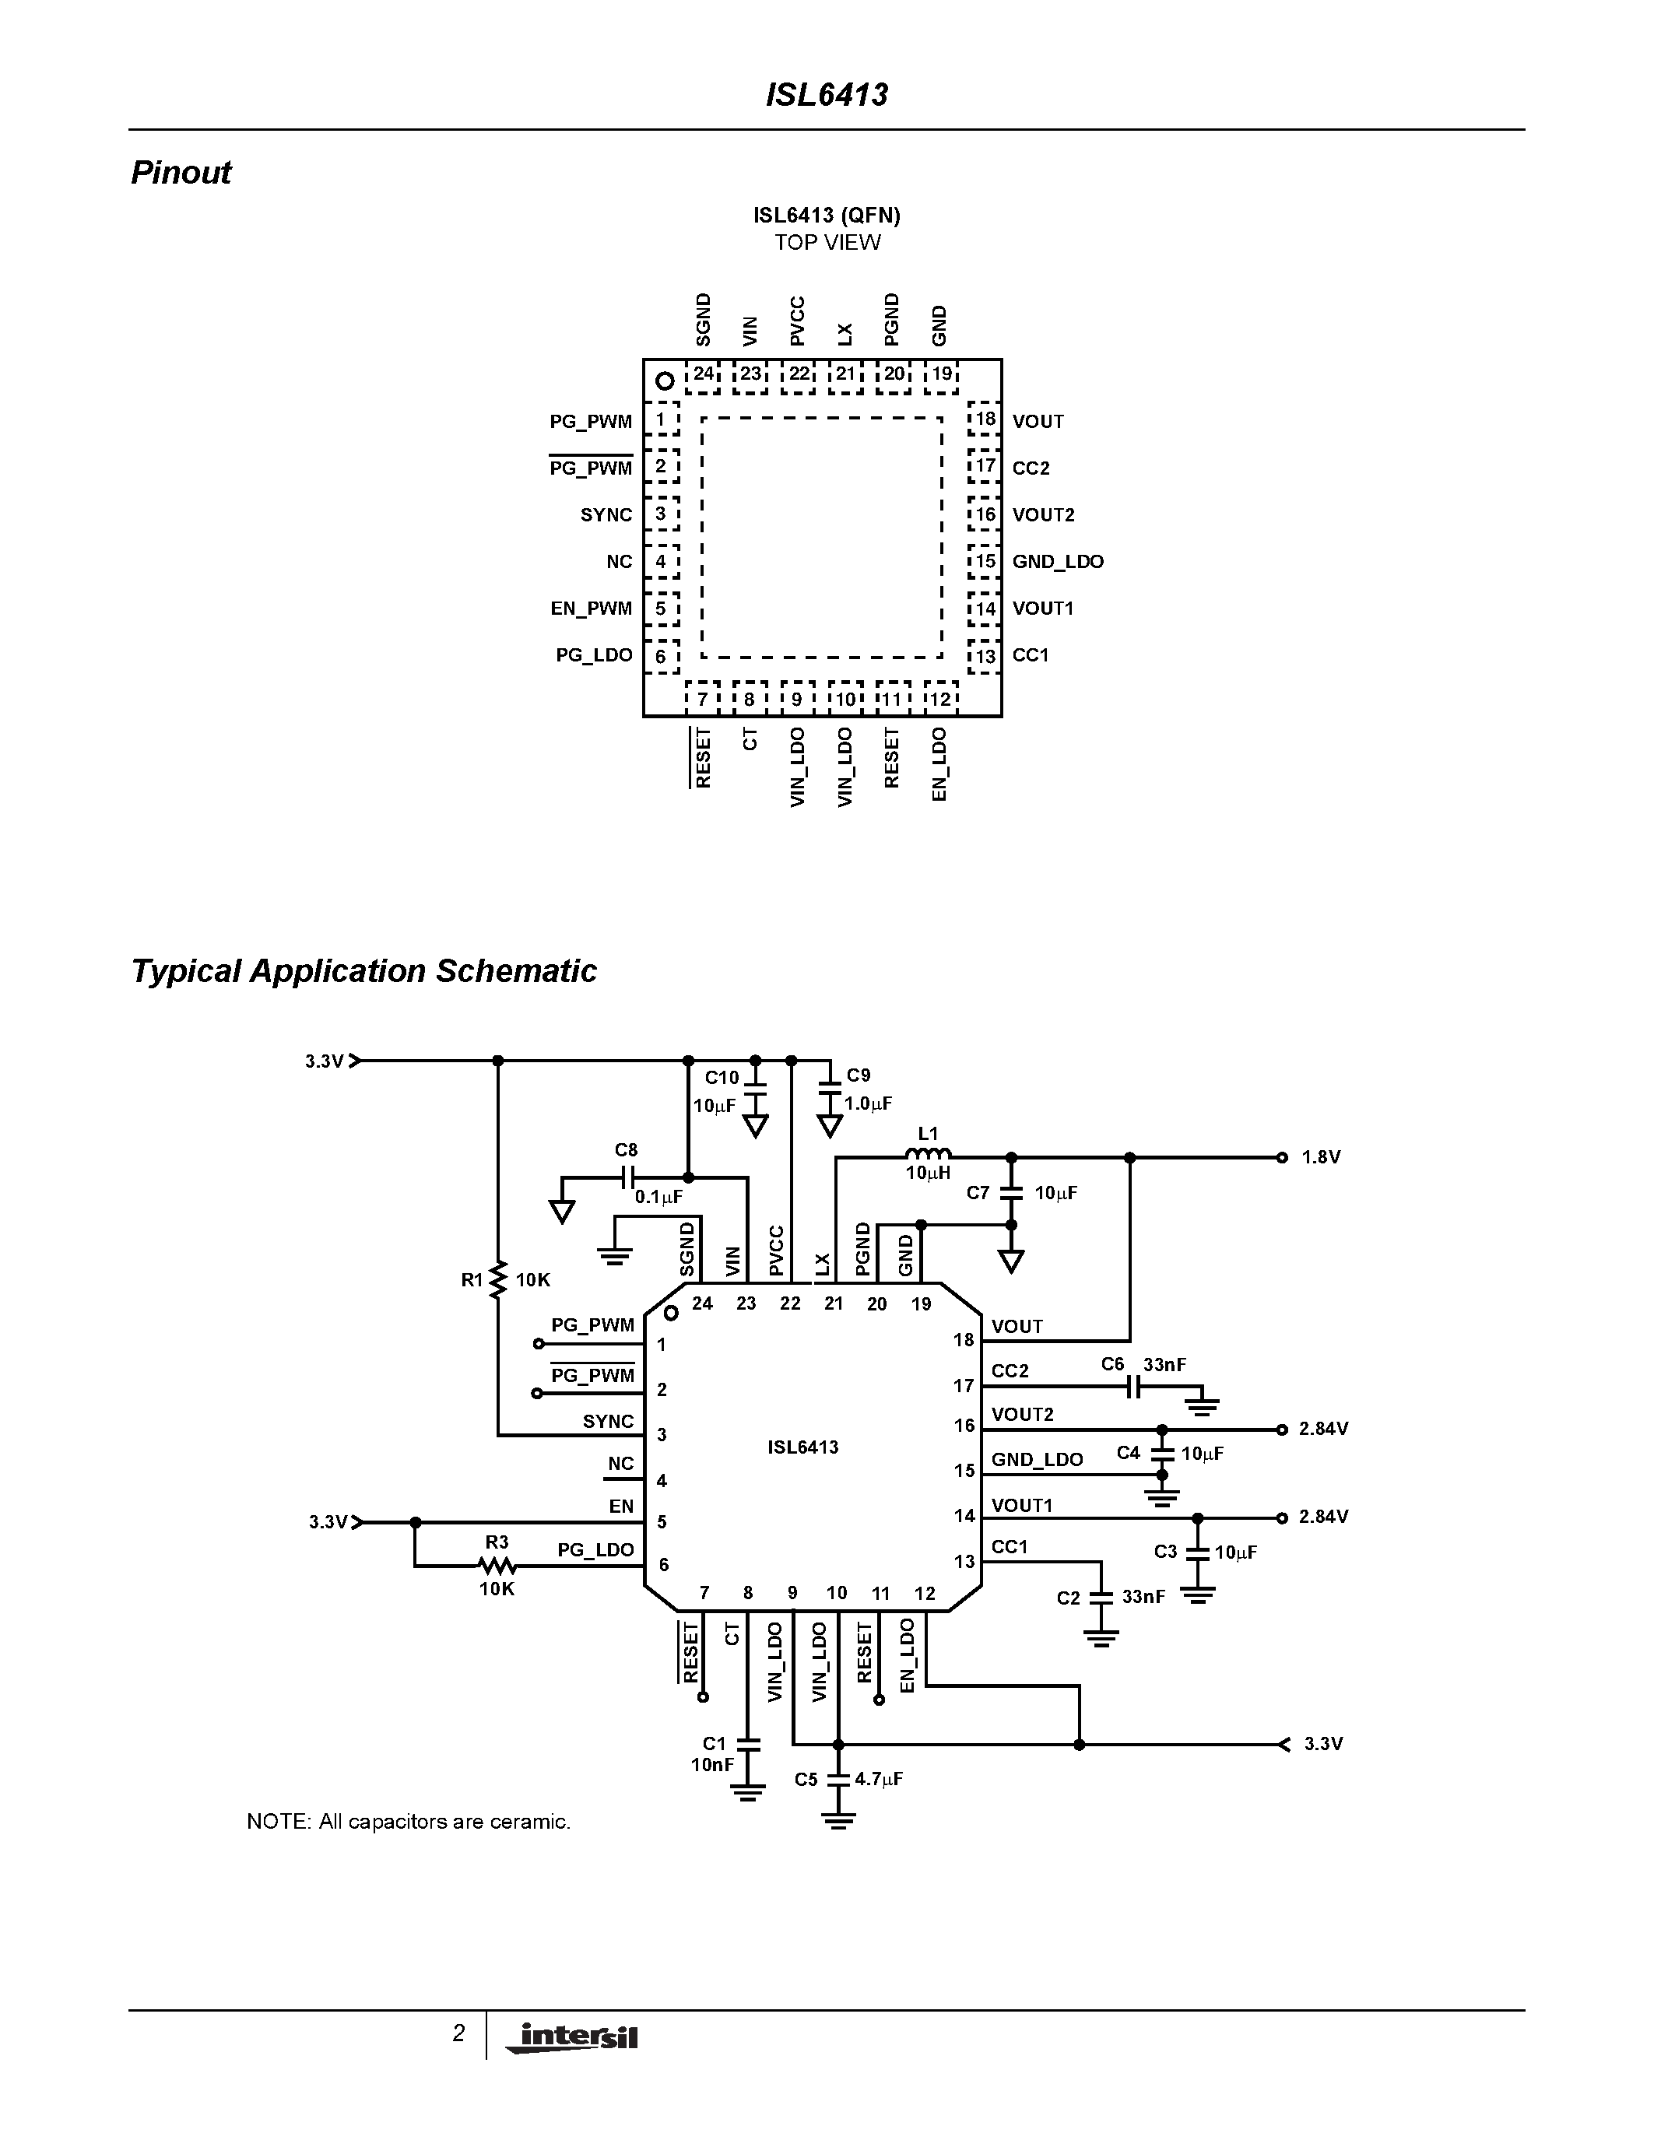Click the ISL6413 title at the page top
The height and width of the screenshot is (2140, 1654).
pyautogui.click(x=826, y=95)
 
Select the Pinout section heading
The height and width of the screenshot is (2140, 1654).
pyautogui.click(x=181, y=173)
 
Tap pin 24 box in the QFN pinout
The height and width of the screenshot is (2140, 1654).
pyautogui.click(x=703, y=374)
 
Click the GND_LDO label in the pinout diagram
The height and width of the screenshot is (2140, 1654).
pyautogui.click(x=1057, y=561)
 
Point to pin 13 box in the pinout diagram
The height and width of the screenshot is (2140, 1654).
pyautogui.click(x=984, y=655)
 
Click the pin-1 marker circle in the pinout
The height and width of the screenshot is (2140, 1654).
pyautogui.click(x=665, y=381)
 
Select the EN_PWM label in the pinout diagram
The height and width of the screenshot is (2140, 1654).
pyautogui.click(x=591, y=609)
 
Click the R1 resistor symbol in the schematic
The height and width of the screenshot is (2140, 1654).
pyautogui.click(x=498, y=1279)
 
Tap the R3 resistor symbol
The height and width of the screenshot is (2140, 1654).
pyautogui.click(x=497, y=1566)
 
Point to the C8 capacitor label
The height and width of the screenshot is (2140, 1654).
pyautogui.click(x=626, y=1149)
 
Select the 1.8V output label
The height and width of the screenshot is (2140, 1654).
pyautogui.click(x=1320, y=1157)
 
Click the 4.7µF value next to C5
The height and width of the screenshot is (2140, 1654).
pyautogui.click(x=878, y=1778)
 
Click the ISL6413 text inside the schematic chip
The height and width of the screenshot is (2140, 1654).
pyautogui.click(x=802, y=1447)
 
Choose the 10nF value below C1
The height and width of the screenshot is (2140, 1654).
pyautogui.click(x=712, y=1765)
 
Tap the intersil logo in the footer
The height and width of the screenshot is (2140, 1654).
pyautogui.click(x=573, y=2037)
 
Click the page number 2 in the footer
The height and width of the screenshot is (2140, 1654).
pyautogui.click(x=458, y=2033)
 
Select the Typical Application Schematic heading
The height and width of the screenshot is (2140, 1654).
pyautogui.click(x=363, y=971)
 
